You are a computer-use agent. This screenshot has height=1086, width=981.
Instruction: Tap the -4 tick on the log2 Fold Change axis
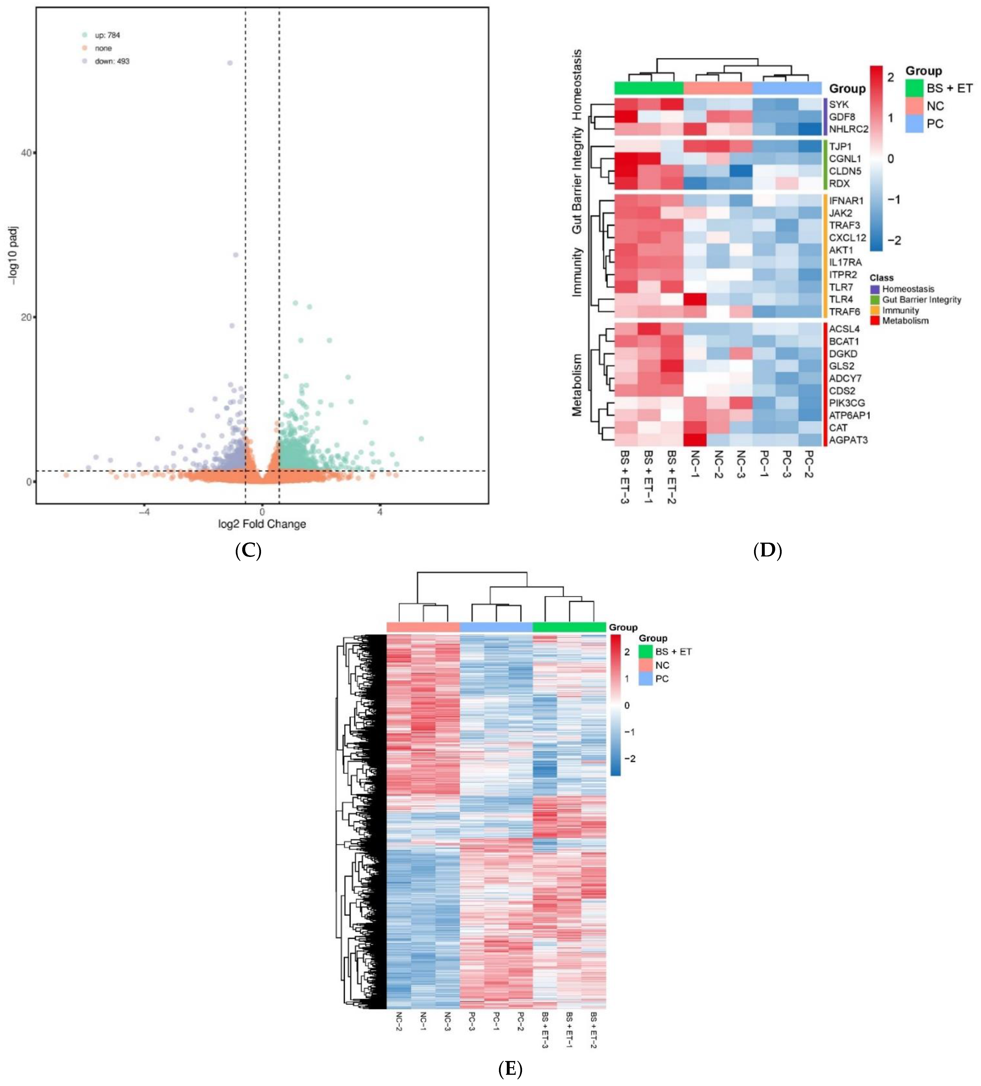(x=144, y=512)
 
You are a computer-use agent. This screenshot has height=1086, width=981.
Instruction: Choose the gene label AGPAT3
(x=848, y=440)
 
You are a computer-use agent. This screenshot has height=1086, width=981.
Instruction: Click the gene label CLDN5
(x=845, y=171)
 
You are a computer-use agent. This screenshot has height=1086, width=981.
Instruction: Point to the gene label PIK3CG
(x=846, y=403)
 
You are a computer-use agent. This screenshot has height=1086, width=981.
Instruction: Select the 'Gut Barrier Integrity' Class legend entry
(x=921, y=300)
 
